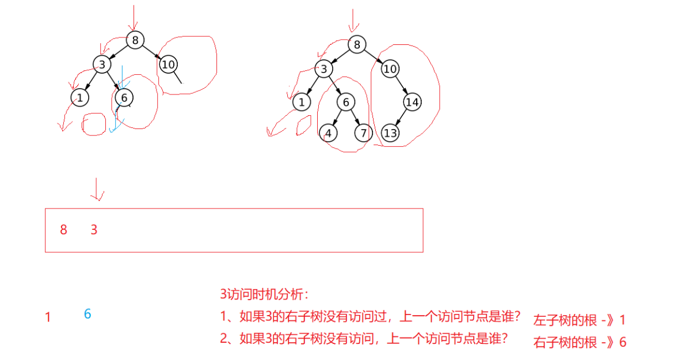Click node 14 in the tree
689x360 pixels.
tap(412, 103)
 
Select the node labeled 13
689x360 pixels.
tap(390, 134)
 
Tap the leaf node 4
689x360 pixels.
tap(328, 134)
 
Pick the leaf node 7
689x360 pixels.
tap(363, 134)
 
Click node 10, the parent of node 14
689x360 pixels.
tap(390, 69)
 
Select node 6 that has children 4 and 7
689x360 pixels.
tap(345, 103)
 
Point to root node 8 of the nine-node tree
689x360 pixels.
tap(357, 44)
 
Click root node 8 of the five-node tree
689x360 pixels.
tap(135, 40)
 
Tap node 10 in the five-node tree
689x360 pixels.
tap(168, 64)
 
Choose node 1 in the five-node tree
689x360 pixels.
tap(80, 98)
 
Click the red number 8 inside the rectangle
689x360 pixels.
tap(63, 230)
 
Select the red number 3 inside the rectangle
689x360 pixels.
tap(94, 230)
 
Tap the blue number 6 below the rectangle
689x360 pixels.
tap(87, 314)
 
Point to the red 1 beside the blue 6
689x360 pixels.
tap(48, 317)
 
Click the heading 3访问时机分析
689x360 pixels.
tap(264, 294)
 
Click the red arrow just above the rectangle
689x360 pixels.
tap(97, 190)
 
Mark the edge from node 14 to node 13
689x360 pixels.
tap(401, 118)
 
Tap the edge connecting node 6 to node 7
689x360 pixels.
tap(355, 118)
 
